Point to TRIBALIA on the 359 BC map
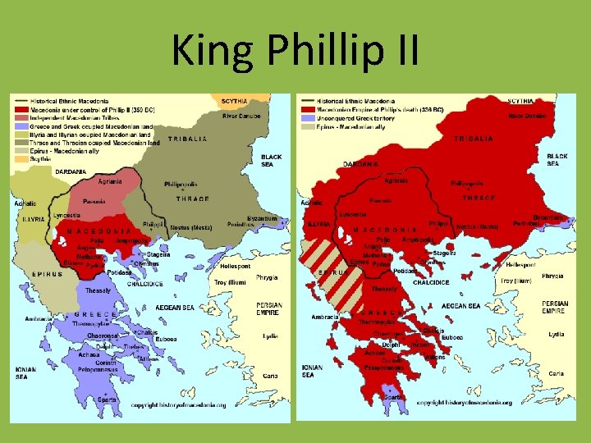pyautogui.click(x=187, y=139)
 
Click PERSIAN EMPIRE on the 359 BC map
pyautogui.click(x=269, y=310)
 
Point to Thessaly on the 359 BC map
pyautogui.click(x=98, y=290)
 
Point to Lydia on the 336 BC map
pyautogui.click(x=557, y=334)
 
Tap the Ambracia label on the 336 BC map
pyautogui.click(x=326, y=317)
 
